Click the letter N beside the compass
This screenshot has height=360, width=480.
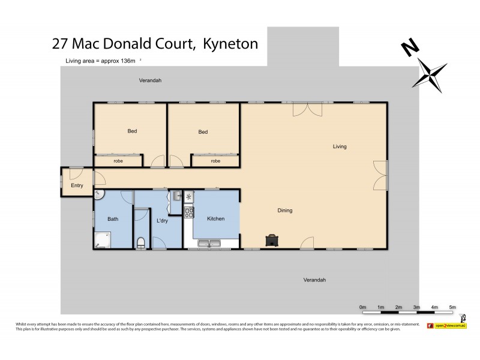pos(411,47)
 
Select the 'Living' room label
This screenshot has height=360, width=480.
pos(340,146)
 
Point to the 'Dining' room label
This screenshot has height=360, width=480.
pos(285,211)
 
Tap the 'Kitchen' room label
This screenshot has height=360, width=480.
pos(215,219)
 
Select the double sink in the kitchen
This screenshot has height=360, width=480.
pos(208,243)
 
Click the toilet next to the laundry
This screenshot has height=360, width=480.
pos(141,242)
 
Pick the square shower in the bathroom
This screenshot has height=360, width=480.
pos(103,241)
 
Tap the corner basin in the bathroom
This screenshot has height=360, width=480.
pos(100,194)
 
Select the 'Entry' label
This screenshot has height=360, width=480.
pos(77,185)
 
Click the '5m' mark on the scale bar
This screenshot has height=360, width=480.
pos(452,307)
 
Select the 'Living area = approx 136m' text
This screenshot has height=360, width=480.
pos(102,61)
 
